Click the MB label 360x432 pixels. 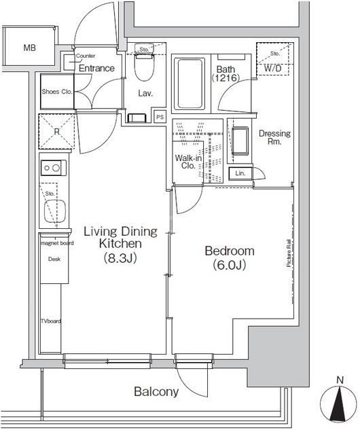(29, 48)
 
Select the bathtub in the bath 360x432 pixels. (191, 84)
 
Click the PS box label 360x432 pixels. (160, 117)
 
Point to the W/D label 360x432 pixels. (272, 69)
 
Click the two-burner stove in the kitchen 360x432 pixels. (54, 168)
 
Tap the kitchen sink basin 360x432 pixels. (55, 211)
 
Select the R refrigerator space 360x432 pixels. (56, 131)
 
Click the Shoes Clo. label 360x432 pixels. (57, 92)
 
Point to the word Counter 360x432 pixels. (86, 56)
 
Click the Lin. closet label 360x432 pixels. (240, 173)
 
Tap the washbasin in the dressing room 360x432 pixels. (240, 141)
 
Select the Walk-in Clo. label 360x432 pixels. (188, 162)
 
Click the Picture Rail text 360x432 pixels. (289, 253)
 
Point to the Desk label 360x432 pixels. (54, 259)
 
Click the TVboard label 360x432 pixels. (51, 321)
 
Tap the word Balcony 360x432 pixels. (156, 391)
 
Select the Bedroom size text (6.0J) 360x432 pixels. (229, 265)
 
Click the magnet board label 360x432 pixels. (57, 243)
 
